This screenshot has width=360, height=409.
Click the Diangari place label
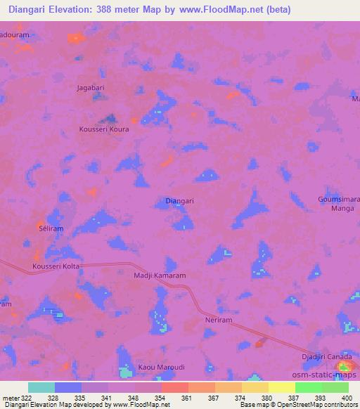click(x=179, y=200)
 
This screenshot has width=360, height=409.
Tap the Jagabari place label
click(x=91, y=88)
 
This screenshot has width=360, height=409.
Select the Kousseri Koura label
click(x=104, y=129)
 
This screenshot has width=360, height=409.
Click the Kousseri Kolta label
click(x=57, y=266)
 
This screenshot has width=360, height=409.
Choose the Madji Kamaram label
click(x=159, y=276)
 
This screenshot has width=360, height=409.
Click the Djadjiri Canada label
click(x=327, y=357)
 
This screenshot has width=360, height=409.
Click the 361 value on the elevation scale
click(x=186, y=398)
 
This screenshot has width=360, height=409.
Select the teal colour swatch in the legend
click(x=41, y=387)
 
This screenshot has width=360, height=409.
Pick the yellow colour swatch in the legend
click(x=282, y=387)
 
